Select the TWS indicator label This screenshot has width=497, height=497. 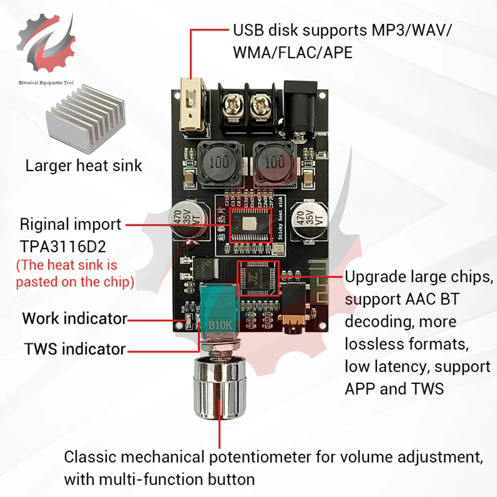(75, 349)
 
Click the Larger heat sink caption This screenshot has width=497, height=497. (83, 165)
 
